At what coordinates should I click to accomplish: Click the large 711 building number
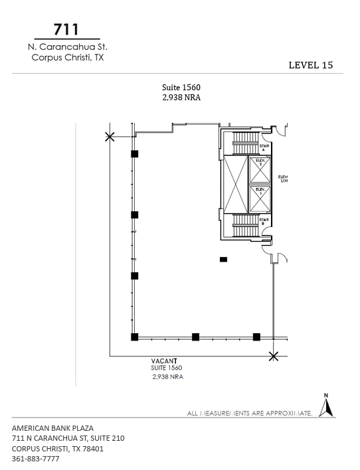[x=67, y=29]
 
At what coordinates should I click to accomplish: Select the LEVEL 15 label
[x=311, y=65]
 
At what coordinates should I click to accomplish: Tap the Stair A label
[x=264, y=148]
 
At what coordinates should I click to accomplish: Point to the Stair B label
[x=264, y=221]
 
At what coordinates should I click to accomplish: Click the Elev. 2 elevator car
[x=260, y=170]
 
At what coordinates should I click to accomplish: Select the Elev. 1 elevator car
[x=260, y=198]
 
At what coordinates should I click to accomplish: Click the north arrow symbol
[x=325, y=406]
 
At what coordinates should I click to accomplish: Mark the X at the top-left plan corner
[x=110, y=137]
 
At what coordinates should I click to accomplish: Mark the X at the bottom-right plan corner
[x=273, y=356]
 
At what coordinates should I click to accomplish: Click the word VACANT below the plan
[x=165, y=360]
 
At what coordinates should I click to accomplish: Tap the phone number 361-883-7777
[x=36, y=459]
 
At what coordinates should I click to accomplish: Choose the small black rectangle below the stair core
[x=224, y=259]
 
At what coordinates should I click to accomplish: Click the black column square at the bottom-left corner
[x=135, y=337]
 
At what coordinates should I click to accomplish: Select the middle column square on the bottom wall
[x=195, y=337]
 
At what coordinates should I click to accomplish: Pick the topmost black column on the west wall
[x=135, y=153]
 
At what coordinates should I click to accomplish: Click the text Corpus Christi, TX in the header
[x=68, y=57]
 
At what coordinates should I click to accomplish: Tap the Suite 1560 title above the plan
[x=181, y=87]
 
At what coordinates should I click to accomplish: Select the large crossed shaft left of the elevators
[x=235, y=185]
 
